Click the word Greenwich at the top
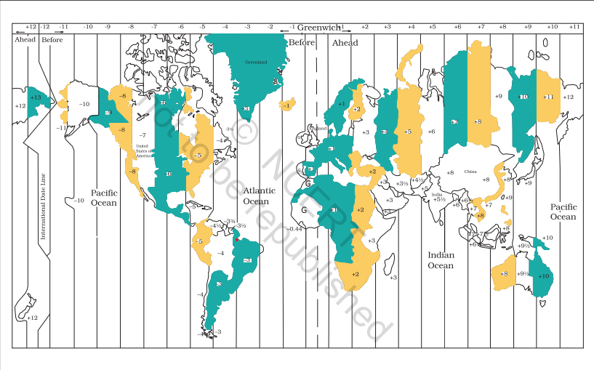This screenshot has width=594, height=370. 318,27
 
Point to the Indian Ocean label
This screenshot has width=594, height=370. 440,260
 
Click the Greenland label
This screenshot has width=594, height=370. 256,63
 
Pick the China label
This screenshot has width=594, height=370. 470,172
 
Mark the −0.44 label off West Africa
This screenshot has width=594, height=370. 294,230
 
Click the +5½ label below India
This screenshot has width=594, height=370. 439,199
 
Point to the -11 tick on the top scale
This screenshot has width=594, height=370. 64,27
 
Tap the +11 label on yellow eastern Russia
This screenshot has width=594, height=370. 548,97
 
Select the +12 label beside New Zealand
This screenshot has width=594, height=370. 32,318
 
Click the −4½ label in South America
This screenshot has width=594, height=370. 215,225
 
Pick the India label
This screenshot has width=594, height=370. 436,194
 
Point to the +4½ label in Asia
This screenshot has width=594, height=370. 417,179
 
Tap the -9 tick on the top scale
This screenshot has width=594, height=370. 107,27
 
